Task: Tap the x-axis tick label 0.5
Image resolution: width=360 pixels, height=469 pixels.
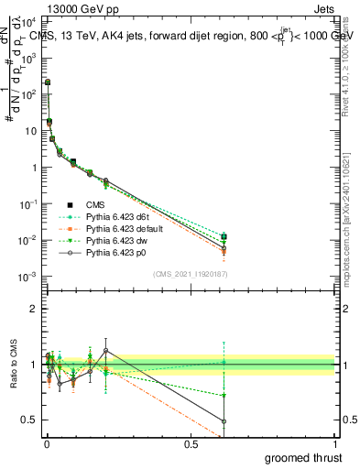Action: coord(191,444)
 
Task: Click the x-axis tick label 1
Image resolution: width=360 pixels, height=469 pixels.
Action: coord(334,444)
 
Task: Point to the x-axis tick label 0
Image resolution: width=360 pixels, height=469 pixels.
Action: coord(47,444)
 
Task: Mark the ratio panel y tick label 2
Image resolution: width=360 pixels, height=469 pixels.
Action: coord(33,309)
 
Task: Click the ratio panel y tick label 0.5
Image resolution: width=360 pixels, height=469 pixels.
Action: coord(29,420)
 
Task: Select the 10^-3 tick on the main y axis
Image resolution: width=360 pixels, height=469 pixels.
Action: coord(27,277)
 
